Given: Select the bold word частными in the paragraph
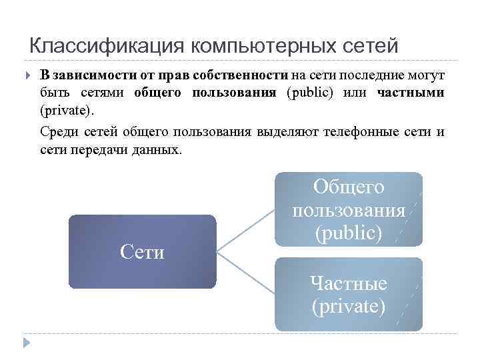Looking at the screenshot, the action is pyautogui.click(x=410, y=93).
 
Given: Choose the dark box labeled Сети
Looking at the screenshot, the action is pyautogui.click(x=142, y=251).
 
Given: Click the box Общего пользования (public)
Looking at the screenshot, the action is pyautogui.click(x=349, y=209).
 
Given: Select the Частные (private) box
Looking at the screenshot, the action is pyautogui.click(x=349, y=294).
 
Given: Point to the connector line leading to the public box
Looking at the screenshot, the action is pyautogui.click(x=245, y=231).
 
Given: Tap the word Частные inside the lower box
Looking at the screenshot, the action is pyautogui.click(x=348, y=283).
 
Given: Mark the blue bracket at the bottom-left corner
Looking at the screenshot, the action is pyautogui.click(x=26, y=341).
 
